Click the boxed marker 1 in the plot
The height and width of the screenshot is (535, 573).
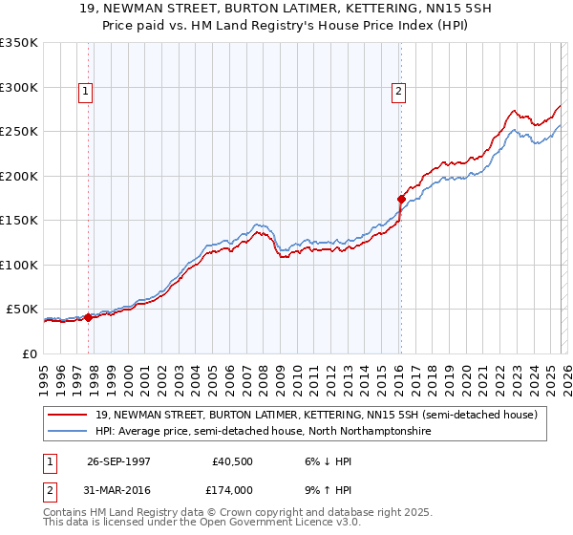(86, 92)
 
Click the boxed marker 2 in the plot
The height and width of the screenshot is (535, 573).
(397, 92)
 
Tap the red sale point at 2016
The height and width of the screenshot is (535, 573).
(402, 200)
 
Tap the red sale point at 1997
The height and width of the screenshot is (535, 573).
(89, 318)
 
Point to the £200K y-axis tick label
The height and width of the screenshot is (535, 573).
(19, 176)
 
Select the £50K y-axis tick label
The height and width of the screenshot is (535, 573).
(22, 310)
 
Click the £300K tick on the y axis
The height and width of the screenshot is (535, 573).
(19, 87)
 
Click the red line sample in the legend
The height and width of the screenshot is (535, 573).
(69, 415)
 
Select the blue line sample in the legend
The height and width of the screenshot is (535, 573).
(69, 432)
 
